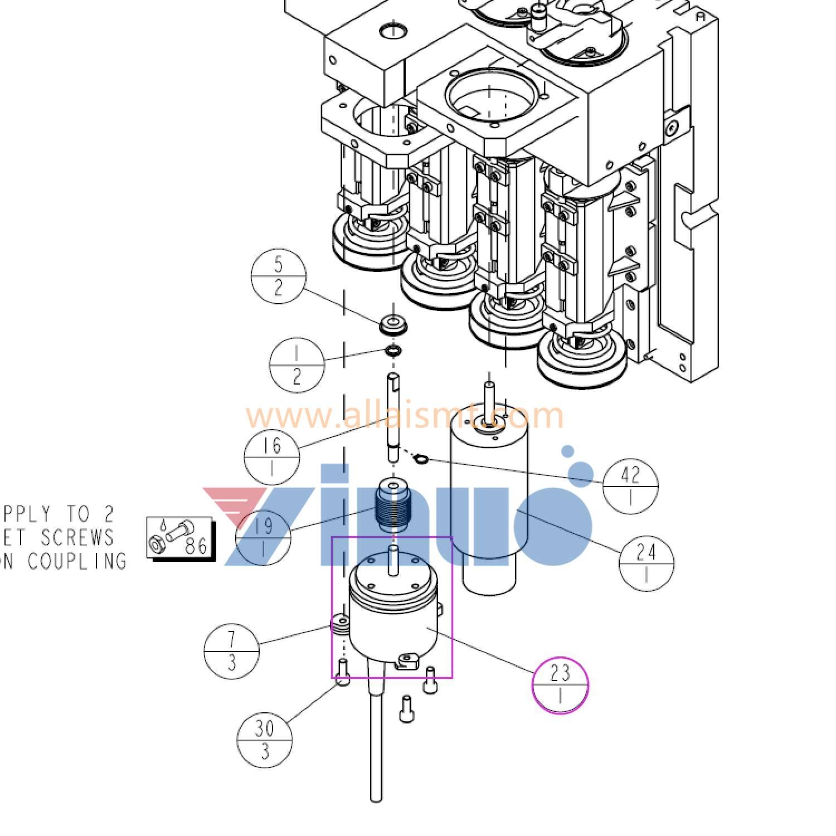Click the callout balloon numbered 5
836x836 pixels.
[279, 276]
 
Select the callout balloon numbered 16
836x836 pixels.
[271, 456]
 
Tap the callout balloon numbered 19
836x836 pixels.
[264, 537]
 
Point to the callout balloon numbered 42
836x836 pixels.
[630, 485]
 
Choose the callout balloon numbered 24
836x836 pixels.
[646, 563]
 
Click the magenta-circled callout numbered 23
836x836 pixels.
[560, 684]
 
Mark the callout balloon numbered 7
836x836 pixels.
[231, 650]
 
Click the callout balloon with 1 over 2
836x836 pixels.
[297, 364]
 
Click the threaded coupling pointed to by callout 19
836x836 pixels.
[394, 506]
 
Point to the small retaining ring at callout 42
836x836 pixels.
[421, 459]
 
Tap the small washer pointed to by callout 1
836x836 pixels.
[394, 351]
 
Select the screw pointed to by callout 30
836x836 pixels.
[343, 672]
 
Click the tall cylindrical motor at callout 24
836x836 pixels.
[488, 502]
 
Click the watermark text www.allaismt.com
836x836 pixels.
[405, 416]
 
